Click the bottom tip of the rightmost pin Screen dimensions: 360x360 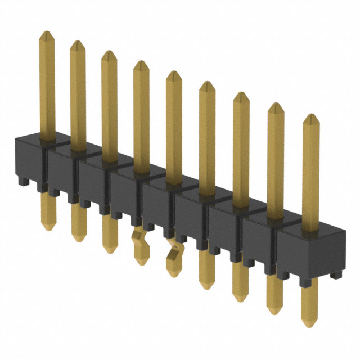[x=308, y=323]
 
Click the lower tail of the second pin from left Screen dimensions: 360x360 [x=79, y=225]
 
